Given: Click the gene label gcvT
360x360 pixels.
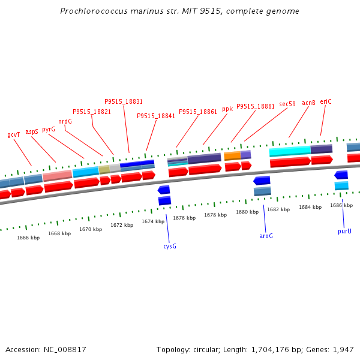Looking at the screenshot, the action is [14, 134].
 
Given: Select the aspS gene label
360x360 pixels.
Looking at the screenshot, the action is [32, 132].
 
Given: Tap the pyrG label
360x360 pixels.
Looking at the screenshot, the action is [49, 130].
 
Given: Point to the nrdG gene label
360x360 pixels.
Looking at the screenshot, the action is [65, 121].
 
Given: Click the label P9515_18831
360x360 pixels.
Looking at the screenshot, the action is [124, 101].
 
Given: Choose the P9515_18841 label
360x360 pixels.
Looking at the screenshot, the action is [156, 116].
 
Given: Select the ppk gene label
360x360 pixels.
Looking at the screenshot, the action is [227, 109].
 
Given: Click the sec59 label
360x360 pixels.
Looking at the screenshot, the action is [287, 104].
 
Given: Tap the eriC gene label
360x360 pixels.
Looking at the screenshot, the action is [326, 101].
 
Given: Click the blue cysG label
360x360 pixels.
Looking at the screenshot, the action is [170, 246].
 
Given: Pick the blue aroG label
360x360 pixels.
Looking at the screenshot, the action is [266, 236].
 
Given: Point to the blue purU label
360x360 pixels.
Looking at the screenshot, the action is [344, 231].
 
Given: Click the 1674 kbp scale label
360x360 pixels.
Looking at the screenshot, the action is [153, 221].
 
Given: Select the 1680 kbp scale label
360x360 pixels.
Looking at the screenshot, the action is [247, 212].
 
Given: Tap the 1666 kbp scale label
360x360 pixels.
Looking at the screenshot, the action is [28, 238].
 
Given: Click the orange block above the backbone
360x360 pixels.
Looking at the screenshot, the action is [232, 156].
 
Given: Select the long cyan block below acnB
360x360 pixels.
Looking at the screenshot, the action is [290, 151].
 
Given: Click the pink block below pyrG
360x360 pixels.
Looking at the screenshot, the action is [58, 176].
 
